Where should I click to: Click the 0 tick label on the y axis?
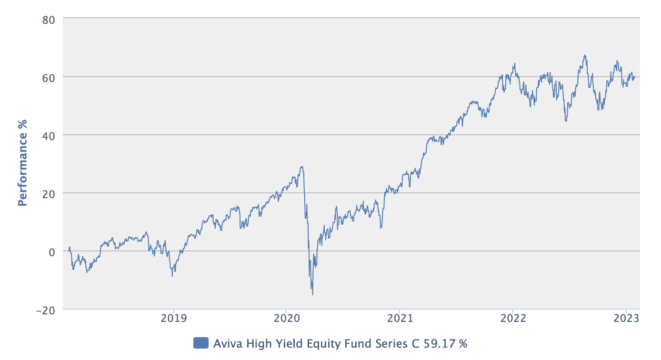pyautogui.click(x=52, y=251)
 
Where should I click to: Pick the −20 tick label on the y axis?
pyautogui.click(x=46, y=310)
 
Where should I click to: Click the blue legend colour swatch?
pyautogui.click(x=201, y=343)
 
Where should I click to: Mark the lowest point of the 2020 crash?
pyautogui.click(x=312, y=295)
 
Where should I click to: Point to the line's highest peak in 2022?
pyautogui.click(x=584, y=55)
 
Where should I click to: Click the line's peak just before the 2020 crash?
pyautogui.click(x=301, y=167)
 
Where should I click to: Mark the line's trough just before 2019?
pyautogui.click(x=172, y=276)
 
